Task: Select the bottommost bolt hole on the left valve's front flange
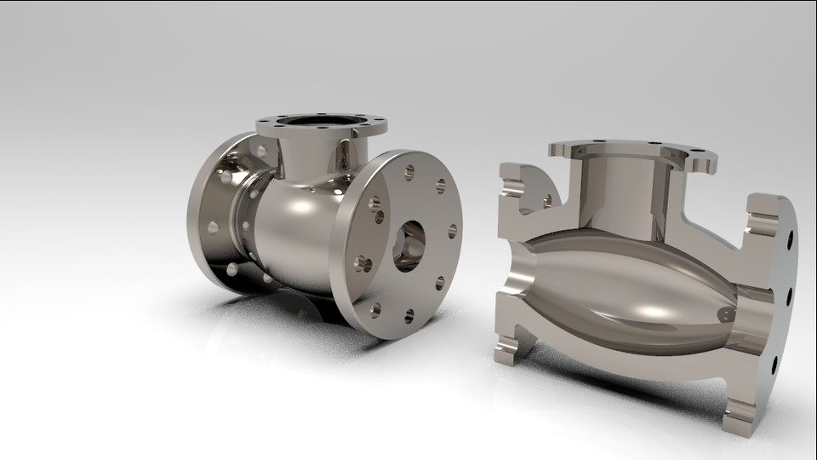point(409,316)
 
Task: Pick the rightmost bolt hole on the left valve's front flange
point(453,230)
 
